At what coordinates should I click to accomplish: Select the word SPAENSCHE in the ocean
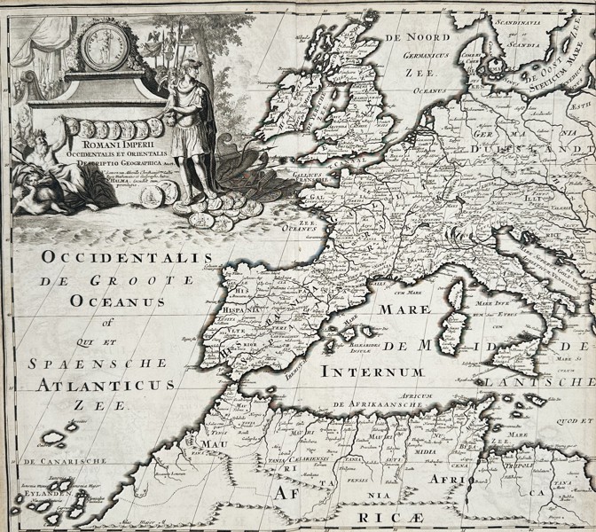98,363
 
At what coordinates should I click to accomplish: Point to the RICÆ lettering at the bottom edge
382,515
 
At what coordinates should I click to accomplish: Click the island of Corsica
458,297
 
